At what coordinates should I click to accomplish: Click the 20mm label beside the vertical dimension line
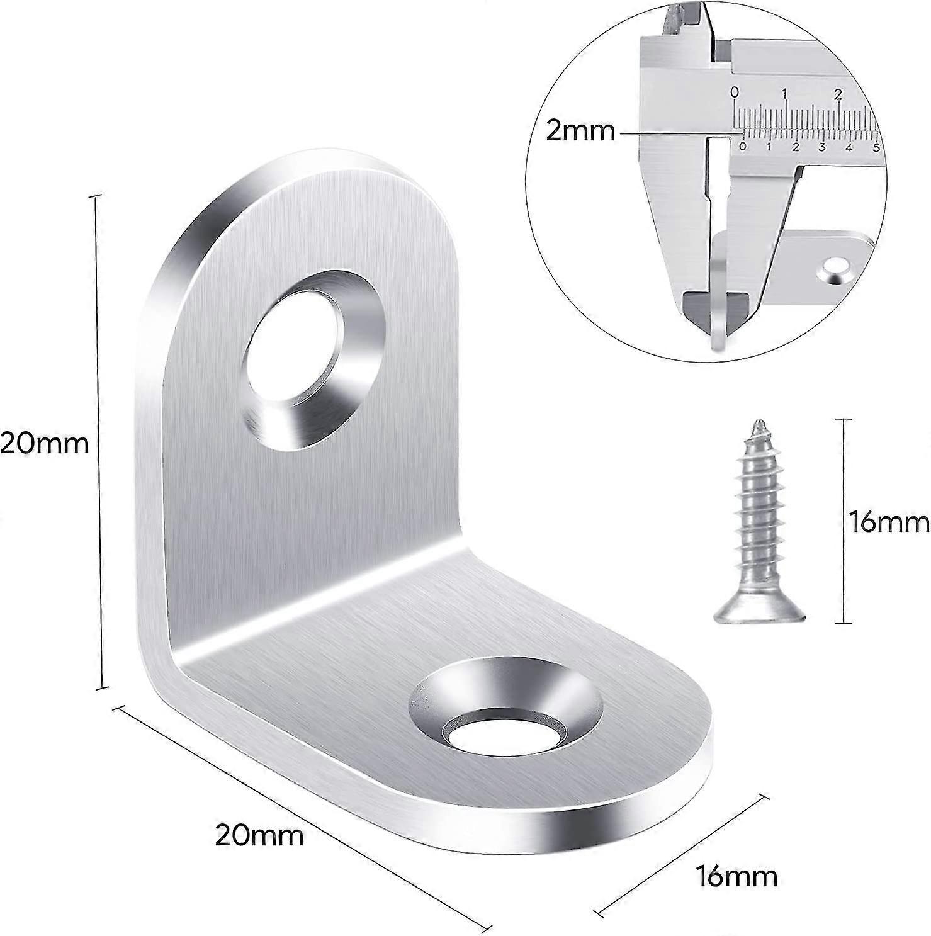point(44,444)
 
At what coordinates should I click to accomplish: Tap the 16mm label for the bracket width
point(736,876)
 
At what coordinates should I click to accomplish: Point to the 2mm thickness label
point(580,132)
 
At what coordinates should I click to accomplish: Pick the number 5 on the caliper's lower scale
point(876,148)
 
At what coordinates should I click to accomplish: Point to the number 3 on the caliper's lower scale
point(822,148)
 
